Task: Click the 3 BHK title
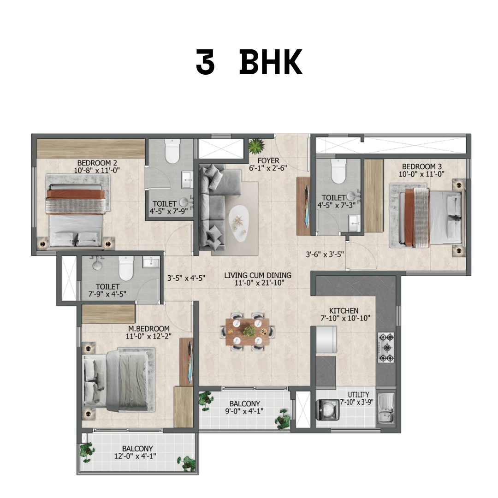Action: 249,62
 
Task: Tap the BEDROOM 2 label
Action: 97,163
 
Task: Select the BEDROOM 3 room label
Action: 422,166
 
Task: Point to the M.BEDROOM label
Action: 148,329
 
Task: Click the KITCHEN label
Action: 344,311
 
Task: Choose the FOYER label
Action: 268,161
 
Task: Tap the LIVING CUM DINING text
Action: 258,275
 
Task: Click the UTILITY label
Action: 358,394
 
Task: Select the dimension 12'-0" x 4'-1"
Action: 135,456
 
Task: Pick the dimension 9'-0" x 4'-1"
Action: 244,411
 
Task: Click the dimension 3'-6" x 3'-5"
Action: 325,255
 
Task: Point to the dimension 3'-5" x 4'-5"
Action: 186,278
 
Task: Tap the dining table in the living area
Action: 248,332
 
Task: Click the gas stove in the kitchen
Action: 386,348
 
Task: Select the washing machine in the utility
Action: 328,410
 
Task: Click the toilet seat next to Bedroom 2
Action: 172,151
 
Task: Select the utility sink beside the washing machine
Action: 386,409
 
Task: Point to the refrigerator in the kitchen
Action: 326,339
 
